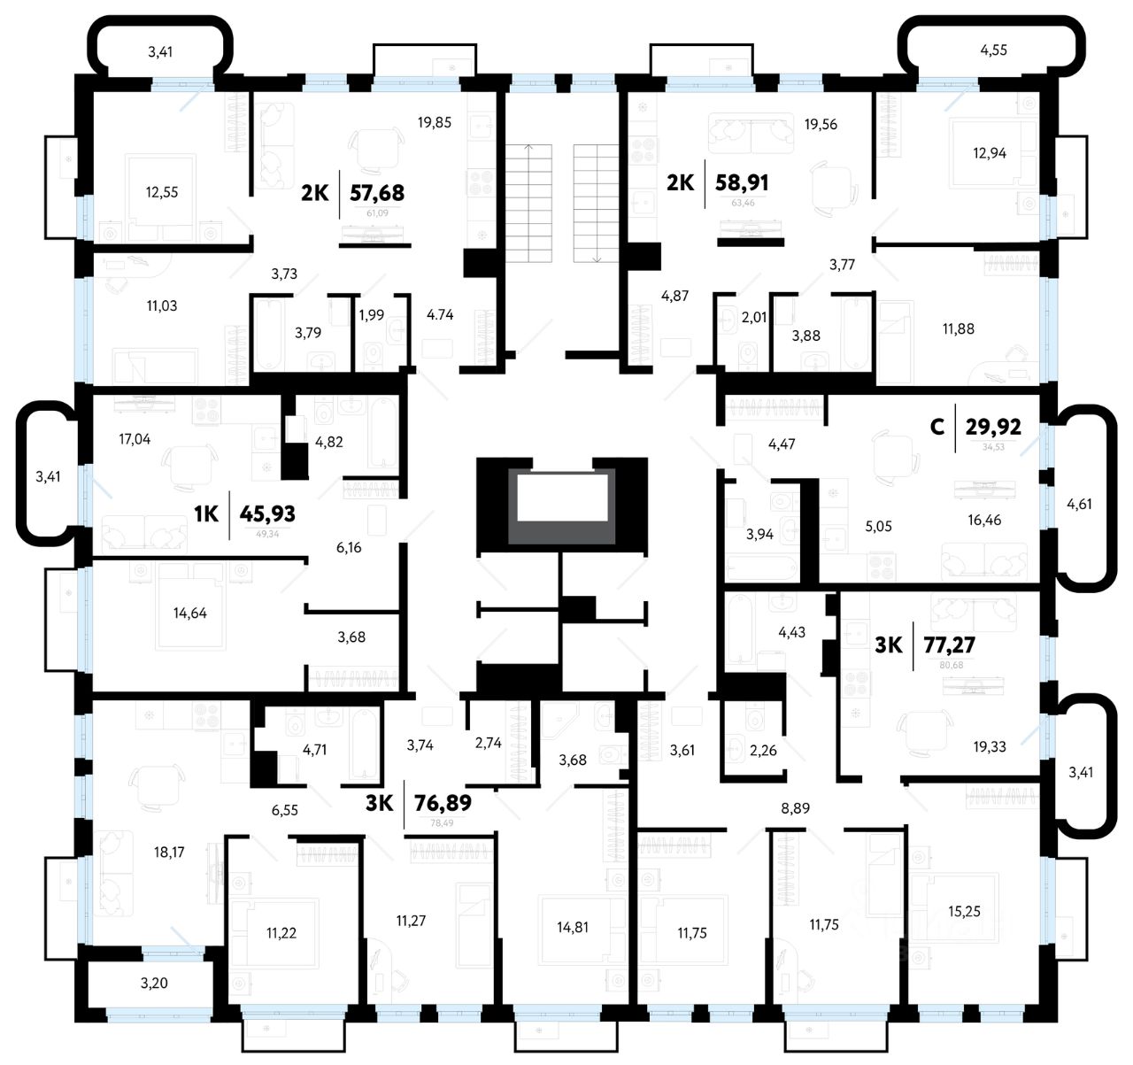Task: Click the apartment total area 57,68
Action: (x=377, y=192)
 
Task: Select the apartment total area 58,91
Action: (x=743, y=183)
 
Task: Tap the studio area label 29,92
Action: (x=993, y=427)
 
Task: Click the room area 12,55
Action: (x=163, y=191)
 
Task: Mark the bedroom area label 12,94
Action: (x=990, y=153)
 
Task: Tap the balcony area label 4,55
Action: (x=993, y=50)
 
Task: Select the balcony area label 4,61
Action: (x=1079, y=505)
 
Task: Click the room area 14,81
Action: (x=573, y=927)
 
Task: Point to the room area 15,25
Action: (x=964, y=911)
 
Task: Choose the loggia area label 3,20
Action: (x=154, y=983)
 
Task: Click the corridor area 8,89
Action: (x=795, y=807)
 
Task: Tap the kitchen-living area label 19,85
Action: (x=435, y=122)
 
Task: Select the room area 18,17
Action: (x=169, y=853)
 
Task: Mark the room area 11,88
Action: (x=958, y=328)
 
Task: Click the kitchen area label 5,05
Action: (x=878, y=526)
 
